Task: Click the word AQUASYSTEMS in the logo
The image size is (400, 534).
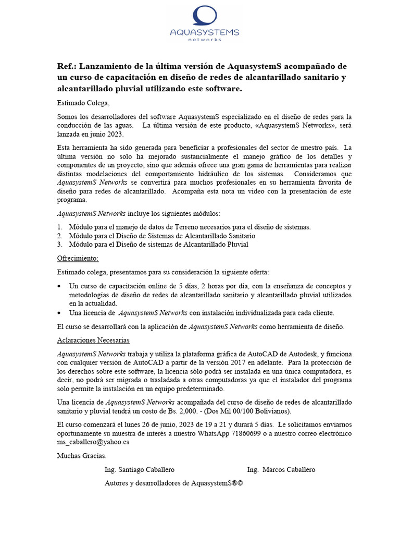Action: click(205, 33)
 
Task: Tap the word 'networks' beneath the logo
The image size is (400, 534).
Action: click(205, 40)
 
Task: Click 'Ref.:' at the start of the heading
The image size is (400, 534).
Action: click(66, 67)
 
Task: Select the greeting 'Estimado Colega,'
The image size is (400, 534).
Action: click(83, 103)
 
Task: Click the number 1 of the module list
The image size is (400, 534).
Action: click(60, 227)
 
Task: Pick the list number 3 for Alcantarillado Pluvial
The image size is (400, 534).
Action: click(60, 244)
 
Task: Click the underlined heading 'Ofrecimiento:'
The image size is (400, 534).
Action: click(78, 258)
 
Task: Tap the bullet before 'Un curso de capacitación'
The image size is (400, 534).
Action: click(59, 286)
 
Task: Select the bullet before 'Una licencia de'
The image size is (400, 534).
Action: click(59, 313)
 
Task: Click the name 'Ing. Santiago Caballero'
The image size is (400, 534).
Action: click(140, 470)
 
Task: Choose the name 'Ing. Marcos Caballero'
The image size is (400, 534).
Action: click(281, 470)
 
